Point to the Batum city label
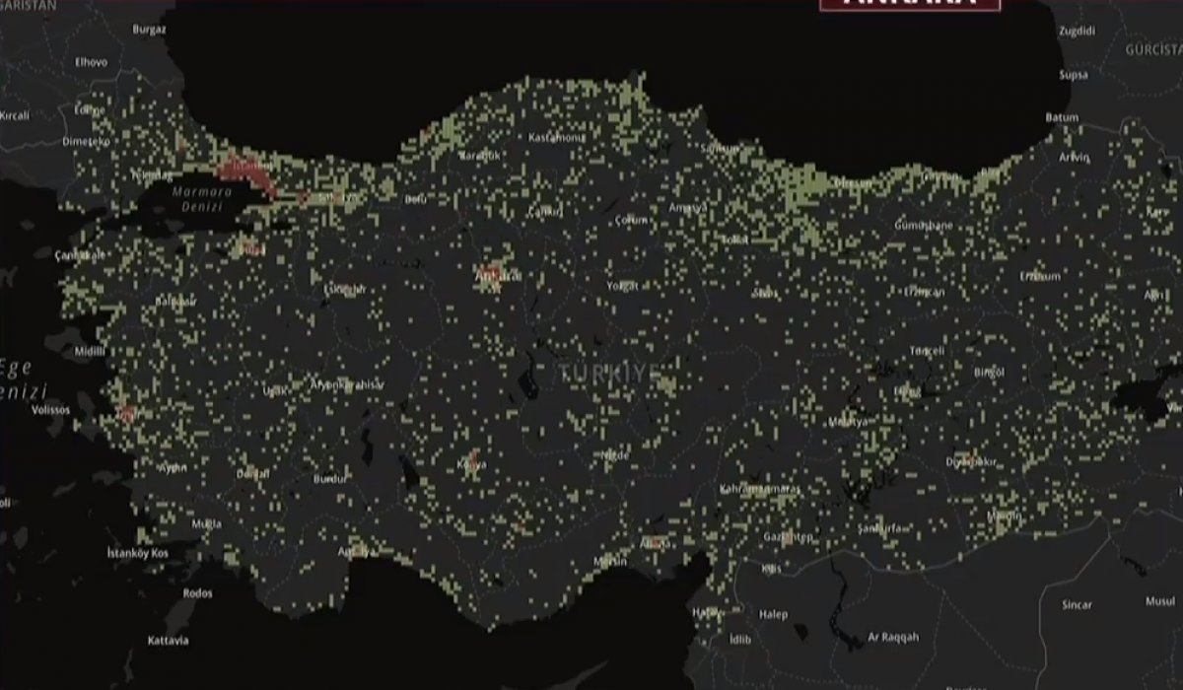pyautogui.click(x=1063, y=117)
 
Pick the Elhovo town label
pyautogui.click(x=92, y=61)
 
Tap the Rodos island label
pyautogui.click(x=197, y=592)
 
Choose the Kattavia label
pyautogui.click(x=167, y=642)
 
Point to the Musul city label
pyautogui.click(x=1159, y=600)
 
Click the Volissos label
pyautogui.click(x=50, y=408)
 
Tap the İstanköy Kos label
pyautogui.click(x=139, y=554)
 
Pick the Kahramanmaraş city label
pyautogui.click(x=761, y=489)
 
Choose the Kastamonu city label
pyautogui.click(x=556, y=137)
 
